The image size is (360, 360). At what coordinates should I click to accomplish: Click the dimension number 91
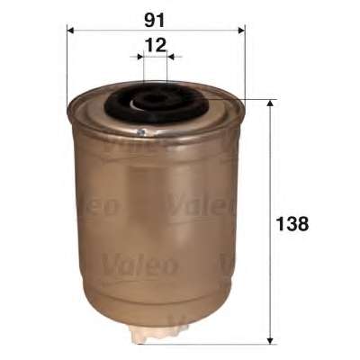(155, 21)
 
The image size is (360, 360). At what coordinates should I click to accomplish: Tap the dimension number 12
(156, 45)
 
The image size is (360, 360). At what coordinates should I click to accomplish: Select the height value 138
(292, 224)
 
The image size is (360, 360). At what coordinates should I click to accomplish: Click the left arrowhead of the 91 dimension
(70, 31)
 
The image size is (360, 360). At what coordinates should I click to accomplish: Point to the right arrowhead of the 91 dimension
(241, 31)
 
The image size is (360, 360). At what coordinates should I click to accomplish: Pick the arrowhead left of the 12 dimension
(140, 57)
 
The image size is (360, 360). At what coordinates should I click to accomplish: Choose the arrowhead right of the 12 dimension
(170, 57)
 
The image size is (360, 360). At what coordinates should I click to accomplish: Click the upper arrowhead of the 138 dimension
(270, 103)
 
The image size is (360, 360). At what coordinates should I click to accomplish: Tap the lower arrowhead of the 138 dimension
(270, 340)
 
